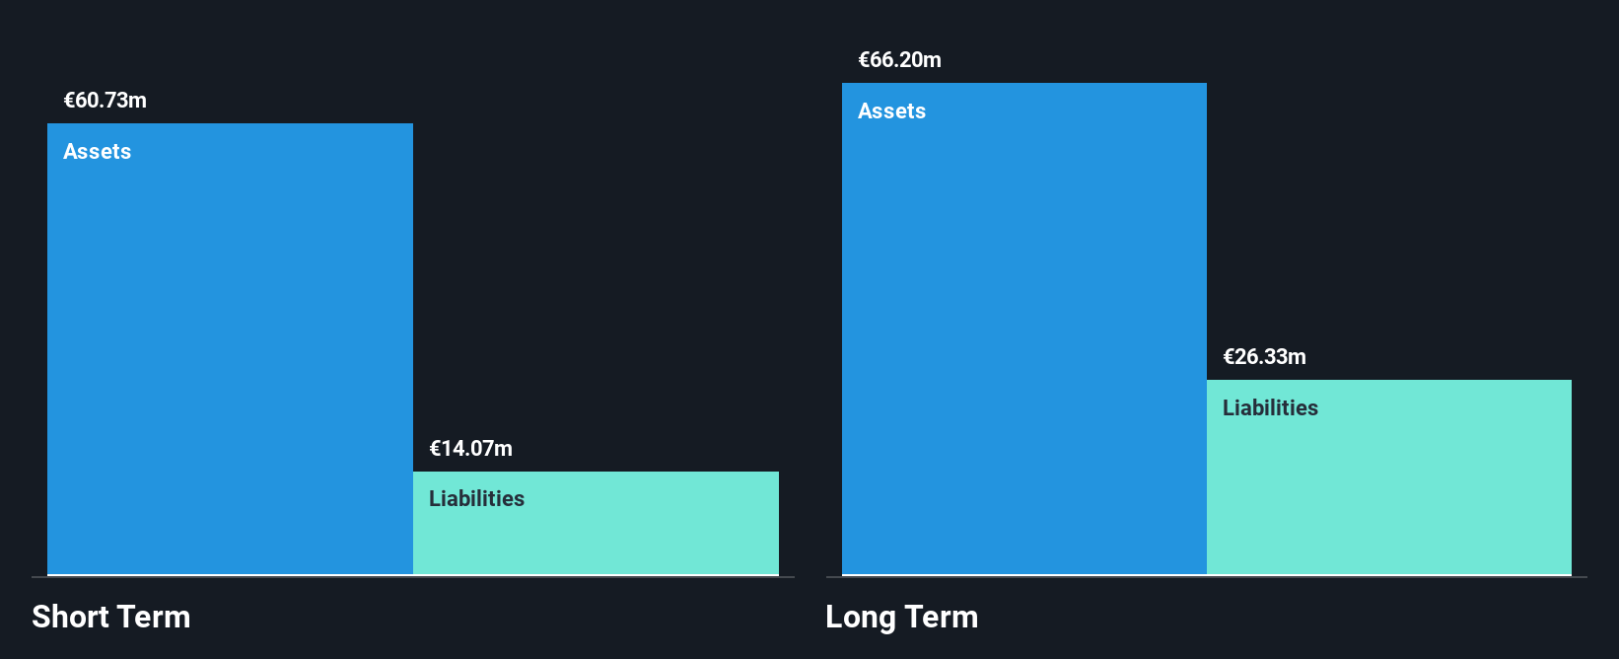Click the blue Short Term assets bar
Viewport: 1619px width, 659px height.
230,348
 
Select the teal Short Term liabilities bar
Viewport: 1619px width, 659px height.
597,523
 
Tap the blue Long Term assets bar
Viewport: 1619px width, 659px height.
1024,329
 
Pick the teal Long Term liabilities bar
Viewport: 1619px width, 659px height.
1389,476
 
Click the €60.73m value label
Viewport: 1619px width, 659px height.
105,100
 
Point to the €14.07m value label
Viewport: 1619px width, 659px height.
470,449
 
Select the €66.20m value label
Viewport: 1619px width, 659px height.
900,59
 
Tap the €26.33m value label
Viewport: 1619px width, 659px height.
1264,356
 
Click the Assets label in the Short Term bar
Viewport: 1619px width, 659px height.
97,151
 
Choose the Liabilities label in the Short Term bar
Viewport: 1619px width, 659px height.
476,498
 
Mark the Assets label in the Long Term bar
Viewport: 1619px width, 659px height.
891,110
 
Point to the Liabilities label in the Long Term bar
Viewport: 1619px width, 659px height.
1270,408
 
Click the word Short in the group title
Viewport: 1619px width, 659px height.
69,617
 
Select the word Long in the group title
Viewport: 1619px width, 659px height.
860,617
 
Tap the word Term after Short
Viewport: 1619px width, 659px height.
153,617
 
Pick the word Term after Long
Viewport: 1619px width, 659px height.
941,617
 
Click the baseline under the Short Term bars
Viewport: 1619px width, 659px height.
413,576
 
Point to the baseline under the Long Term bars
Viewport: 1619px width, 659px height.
1206,576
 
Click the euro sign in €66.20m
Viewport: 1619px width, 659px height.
864,59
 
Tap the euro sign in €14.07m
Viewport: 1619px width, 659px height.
435,449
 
